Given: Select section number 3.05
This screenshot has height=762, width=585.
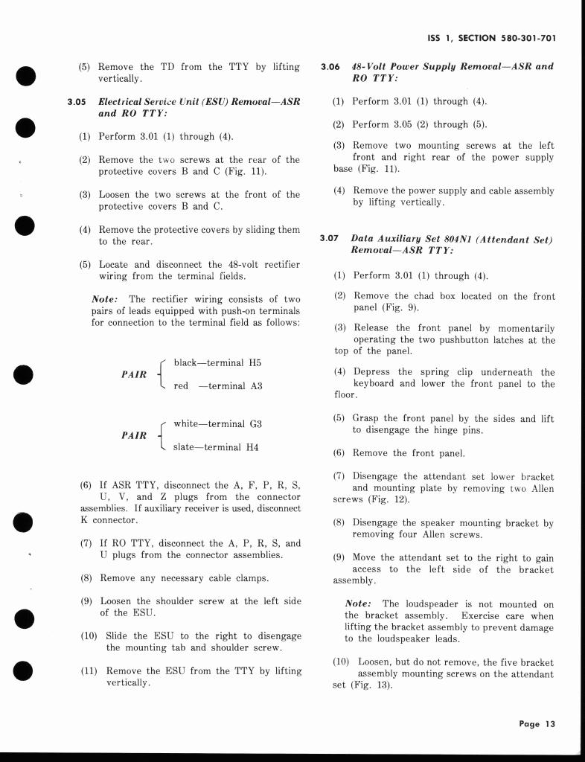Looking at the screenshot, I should coord(77,102).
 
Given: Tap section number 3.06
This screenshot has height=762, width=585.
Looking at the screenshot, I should coord(330,66).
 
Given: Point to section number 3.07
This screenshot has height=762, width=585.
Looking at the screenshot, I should coord(329,238).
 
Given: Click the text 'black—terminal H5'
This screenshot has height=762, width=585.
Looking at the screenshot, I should coord(217,362).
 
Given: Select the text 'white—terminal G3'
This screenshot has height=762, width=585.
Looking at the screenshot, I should coord(218,423).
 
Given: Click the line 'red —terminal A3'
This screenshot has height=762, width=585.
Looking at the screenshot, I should coord(217,386).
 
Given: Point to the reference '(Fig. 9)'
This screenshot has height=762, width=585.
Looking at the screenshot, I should coord(400,308).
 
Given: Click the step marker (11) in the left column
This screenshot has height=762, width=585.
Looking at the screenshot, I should coord(89,670).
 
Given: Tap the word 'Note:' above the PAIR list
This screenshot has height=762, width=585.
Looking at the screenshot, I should coord(107,299).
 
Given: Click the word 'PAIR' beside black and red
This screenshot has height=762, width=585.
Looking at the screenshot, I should coord(134,374).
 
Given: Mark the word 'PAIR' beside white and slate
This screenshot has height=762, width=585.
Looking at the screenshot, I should coord(134,435).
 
